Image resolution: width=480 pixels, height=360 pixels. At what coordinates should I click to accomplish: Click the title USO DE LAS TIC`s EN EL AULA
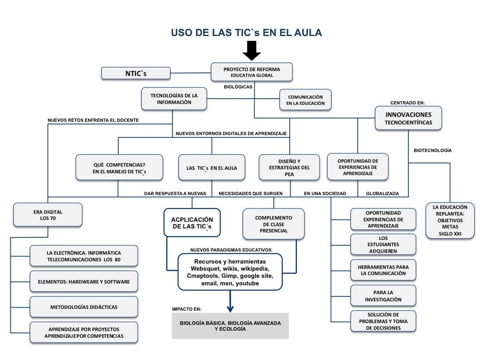pyautogui.click(x=246, y=33)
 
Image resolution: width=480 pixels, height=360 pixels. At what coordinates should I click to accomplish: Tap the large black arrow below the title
pyautogui.click(x=252, y=50)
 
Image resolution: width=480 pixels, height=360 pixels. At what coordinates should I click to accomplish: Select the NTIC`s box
pyautogui.click(x=136, y=73)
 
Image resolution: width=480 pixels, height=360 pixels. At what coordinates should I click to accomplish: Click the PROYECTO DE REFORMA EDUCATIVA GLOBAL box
pyautogui.click(x=252, y=72)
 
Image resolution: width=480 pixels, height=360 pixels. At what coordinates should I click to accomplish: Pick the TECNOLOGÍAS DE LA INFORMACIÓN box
pyautogui.click(x=174, y=99)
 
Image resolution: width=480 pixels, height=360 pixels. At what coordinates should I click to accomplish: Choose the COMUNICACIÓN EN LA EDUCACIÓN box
pyautogui.click(x=305, y=100)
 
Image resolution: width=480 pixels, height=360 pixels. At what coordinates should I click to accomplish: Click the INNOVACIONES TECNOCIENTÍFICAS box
pyautogui.click(x=408, y=118)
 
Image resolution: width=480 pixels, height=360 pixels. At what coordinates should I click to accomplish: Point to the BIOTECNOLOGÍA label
pyautogui.click(x=432, y=150)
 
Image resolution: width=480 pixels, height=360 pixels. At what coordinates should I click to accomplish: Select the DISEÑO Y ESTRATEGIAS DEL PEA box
pyautogui.click(x=289, y=168)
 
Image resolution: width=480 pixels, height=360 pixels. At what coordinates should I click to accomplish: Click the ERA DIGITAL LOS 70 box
pyautogui.click(x=48, y=215)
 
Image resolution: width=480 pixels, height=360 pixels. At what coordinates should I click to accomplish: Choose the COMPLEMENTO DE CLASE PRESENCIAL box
pyautogui.click(x=273, y=224)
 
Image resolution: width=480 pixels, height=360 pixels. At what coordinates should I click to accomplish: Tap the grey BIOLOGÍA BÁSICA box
pyautogui.click(x=230, y=326)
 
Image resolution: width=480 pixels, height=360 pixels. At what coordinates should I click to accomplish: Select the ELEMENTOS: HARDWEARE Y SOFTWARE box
pyautogui.click(x=84, y=281)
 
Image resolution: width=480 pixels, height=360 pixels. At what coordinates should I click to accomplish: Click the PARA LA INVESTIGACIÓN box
pyautogui.click(x=383, y=296)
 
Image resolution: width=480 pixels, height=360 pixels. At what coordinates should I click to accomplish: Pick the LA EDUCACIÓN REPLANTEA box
pyautogui.click(x=450, y=220)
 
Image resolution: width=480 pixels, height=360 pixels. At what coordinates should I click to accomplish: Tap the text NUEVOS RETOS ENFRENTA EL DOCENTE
pyautogui.click(x=93, y=120)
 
